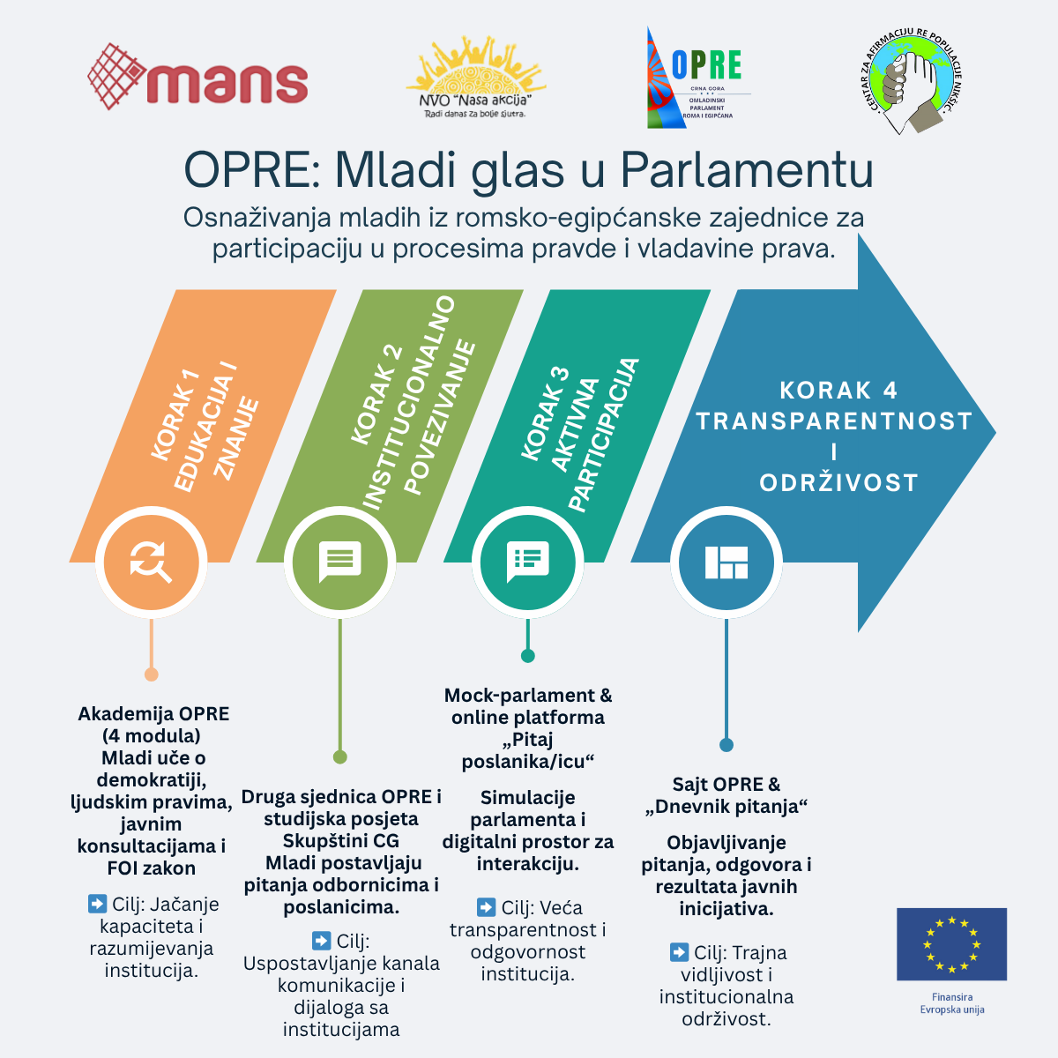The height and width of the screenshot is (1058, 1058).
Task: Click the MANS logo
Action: pyautogui.click(x=198, y=78)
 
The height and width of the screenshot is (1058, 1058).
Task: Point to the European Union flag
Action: pyautogui.click(x=951, y=944)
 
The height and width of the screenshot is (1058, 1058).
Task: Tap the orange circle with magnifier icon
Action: pyautogui.click(x=151, y=562)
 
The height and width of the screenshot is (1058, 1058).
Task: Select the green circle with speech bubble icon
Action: pyautogui.click(x=339, y=562)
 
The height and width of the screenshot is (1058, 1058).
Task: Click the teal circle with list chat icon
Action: pyautogui.click(x=527, y=562)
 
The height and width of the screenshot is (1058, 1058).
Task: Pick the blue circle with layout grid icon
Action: pyautogui.click(x=726, y=562)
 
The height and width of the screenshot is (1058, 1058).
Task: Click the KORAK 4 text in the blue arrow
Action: pyautogui.click(x=838, y=390)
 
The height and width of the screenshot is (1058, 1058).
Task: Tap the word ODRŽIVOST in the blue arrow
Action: pyautogui.click(x=838, y=483)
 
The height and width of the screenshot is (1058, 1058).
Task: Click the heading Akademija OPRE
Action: pyautogui.click(x=153, y=714)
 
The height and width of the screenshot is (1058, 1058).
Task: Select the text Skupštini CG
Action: pyautogui.click(x=340, y=840)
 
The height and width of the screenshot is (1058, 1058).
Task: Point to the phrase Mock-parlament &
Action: pyautogui.click(x=527, y=696)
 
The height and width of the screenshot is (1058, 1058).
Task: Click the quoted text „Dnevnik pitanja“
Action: pyautogui.click(x=726, y=807)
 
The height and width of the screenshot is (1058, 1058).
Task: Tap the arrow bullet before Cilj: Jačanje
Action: pyautogui.click(x=97, y=904)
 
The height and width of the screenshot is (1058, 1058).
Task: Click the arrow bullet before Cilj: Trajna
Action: pyautogui.click(x=679, y=952)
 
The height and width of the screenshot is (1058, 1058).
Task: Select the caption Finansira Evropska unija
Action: pyautogui.click(x=951, y=1003)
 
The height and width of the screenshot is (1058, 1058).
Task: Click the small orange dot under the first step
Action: pyautogui.click(x=151, y=674)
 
